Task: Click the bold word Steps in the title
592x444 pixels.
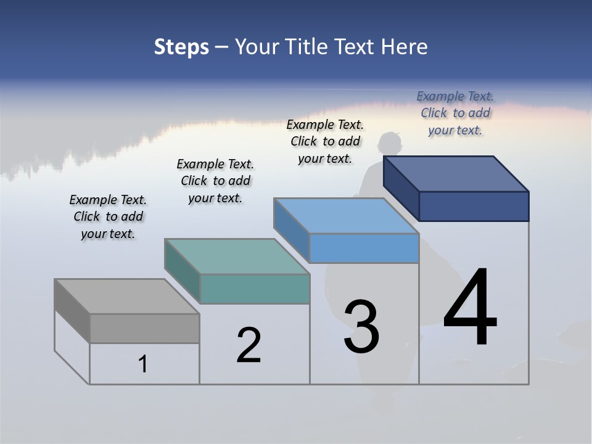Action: pyautogui.click(x=181, y=47)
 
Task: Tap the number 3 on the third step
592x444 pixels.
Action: pyautogui.click(x=361, y=327)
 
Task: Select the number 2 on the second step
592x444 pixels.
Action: pyautogui.click(x=249, y=345)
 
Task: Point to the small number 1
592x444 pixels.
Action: pyautogui.click(x=143, y=364)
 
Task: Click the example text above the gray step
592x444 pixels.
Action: pyautogui.click(x=108, y=216)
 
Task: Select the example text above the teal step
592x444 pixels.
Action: pyautogui.click(x=215, y=181)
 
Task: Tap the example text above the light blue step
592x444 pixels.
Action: pyautogui.click(x=325, y=141)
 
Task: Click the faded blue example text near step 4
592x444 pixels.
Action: pyautogui.click(x=455, y=113)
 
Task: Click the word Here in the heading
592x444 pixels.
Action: pyautogui.click(x=405, y=47)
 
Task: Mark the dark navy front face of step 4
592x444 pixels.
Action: pyautogui.click(x=474, y=206)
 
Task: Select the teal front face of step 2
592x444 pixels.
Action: pyautogui.click(x=255, y=289)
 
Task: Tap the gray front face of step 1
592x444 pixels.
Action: pyautogui.click(x=144, y=328)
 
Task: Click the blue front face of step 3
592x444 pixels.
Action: pyautogui.click(x=364, y=248)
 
